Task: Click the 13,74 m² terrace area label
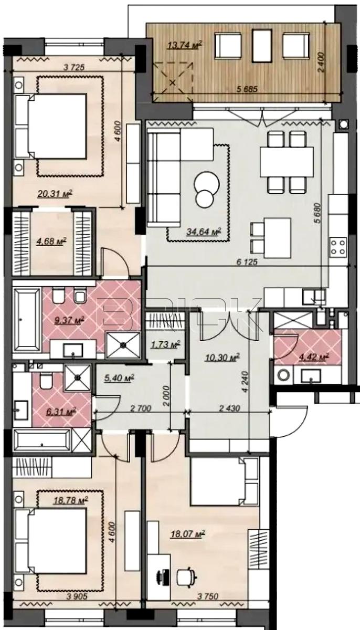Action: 185,45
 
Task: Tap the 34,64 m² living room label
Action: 204,232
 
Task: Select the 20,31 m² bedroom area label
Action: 55,194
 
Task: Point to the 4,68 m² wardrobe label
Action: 51,241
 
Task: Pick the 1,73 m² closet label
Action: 165,344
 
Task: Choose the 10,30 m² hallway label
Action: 222,358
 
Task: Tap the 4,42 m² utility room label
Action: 314,358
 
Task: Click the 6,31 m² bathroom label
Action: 61,412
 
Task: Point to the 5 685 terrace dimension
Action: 247,89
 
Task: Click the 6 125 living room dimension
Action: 247,262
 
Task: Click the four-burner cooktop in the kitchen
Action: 338,247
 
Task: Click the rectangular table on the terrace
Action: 262,46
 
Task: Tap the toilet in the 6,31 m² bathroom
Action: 46,381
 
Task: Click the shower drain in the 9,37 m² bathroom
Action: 123,345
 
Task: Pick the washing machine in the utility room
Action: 284,375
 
